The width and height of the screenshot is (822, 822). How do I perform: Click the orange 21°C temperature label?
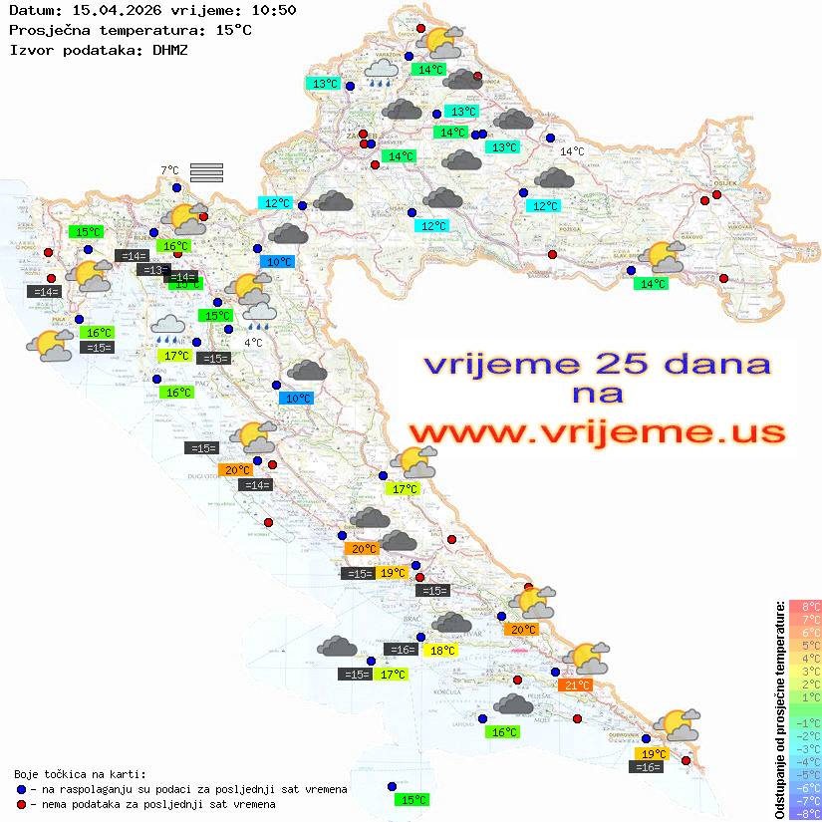coord(577,685)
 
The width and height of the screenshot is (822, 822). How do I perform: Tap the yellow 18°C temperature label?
coord(441,651)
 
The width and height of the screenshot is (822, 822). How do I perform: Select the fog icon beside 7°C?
coord(205,172)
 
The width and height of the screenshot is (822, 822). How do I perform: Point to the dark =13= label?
coord(152,270)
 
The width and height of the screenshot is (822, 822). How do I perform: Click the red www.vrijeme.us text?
coord(596,433)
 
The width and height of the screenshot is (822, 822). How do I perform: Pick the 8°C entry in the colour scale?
coord(805,607)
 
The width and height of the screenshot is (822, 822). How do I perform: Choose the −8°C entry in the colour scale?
coord(805,814)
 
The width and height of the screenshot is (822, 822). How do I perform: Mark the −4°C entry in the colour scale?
coord(805,762)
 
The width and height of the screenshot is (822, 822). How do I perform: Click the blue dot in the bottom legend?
coord(22,789)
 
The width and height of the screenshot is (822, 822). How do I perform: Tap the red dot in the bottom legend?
coord(22,804)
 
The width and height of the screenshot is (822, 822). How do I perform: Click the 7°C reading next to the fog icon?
coord(169,171)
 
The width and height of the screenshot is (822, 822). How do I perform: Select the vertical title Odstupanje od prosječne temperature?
coord(779,709)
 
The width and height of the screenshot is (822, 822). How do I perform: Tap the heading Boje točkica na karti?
coord(80,774)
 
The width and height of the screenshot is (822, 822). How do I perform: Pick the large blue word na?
coord(597,394)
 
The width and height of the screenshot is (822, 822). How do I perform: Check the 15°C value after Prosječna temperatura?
coord(233,30)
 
